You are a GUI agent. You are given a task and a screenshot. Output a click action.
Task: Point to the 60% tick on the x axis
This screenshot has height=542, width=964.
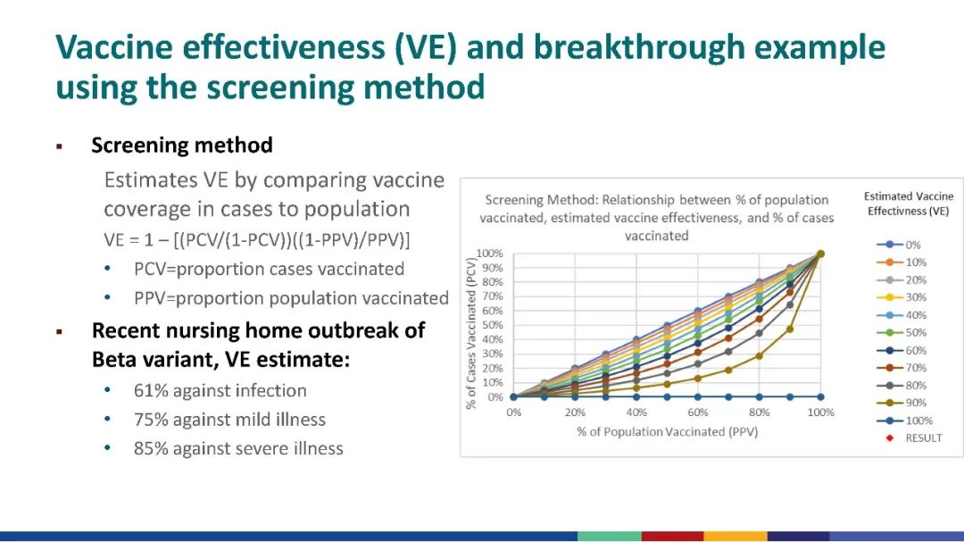point(697,413)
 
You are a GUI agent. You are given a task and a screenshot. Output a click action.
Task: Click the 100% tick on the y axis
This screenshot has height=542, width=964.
point(490,254)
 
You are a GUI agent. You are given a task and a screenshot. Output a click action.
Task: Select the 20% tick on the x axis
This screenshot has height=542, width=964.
point(575,413)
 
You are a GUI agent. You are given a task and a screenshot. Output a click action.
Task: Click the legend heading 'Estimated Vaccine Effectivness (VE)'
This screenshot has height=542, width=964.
point(910,204)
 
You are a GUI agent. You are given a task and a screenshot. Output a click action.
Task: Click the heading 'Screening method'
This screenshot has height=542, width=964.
point(182,145)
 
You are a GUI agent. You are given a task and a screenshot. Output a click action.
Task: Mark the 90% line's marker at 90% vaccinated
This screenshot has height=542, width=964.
point(790,329)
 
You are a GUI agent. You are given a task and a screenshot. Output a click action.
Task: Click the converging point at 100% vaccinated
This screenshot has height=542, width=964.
point(820,254)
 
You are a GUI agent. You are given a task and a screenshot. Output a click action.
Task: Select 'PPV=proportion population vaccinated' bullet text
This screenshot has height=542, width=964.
point(291,298)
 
